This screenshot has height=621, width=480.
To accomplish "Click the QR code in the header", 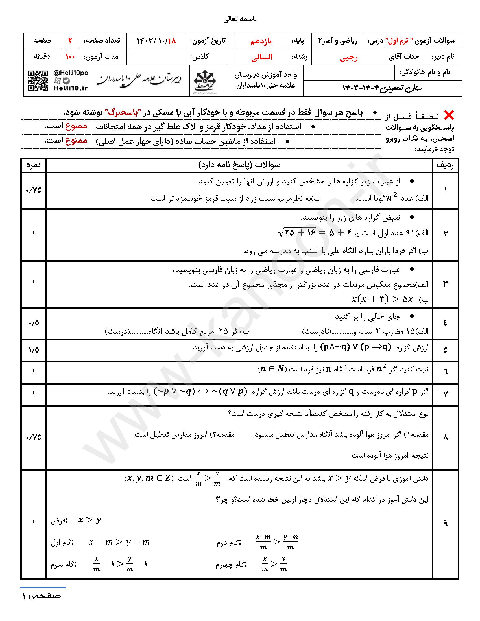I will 38,81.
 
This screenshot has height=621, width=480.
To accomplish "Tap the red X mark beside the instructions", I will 449,115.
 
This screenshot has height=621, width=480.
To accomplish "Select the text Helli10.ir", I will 71,88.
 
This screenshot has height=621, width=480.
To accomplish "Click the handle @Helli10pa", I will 71,73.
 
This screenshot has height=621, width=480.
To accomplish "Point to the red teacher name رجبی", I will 349,57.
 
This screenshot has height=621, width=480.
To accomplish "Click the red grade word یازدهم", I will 261,41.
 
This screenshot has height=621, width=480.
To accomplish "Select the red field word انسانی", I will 262,57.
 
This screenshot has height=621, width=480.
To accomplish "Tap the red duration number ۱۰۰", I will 70,57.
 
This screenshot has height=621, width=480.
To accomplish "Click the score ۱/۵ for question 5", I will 34,350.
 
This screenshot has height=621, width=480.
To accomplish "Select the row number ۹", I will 445,523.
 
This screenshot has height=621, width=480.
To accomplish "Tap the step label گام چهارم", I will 231,564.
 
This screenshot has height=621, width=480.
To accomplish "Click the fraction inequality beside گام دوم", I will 277,542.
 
